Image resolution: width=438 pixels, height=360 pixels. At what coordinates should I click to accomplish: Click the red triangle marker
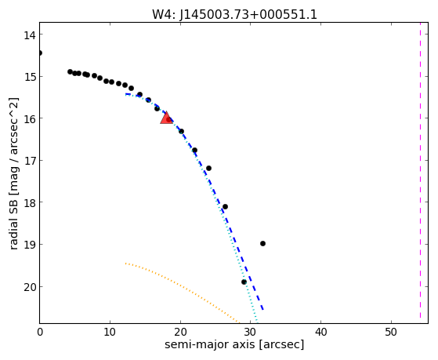(x=166, y=118)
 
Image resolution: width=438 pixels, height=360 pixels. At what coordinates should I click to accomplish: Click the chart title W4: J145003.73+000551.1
(x=234, y=15)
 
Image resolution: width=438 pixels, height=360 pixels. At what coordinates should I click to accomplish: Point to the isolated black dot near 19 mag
(x=262, y=244)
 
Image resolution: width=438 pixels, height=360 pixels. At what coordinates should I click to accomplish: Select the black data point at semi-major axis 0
(x=40, y=53)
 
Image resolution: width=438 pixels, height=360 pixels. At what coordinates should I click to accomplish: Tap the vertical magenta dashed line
(x=420, y=173)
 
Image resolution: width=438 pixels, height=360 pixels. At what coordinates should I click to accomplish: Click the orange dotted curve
(x=182, y=288)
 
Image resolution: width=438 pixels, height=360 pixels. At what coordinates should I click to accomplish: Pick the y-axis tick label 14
(x=30, y=35)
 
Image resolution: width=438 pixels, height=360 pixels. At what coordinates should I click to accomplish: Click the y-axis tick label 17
(x=30, y=161)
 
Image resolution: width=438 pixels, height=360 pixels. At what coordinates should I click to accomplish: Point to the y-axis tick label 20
(x=30, y=287)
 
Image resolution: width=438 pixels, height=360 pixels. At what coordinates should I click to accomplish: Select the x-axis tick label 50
(x=391, y=333)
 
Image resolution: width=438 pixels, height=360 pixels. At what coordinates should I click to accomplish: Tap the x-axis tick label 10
(x=110, y=333)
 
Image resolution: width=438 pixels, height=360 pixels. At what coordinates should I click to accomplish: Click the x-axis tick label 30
(x=251, y=333)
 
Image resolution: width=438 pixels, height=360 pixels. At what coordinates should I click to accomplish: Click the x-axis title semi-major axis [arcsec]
(x=234, y=344)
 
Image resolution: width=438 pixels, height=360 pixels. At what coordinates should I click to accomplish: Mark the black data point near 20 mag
(x=244, y=282)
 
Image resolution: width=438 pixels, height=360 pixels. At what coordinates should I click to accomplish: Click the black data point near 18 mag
(x=225, y=207)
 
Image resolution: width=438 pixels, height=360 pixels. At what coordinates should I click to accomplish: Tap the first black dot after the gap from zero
(x=70, y=71)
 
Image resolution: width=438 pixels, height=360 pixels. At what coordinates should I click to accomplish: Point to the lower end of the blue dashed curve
(x=262, y=310)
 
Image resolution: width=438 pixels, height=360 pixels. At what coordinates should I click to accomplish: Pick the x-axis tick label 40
(x=320, y=333)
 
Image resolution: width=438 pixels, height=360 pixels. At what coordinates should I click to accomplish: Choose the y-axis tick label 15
(x=30, y=77)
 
